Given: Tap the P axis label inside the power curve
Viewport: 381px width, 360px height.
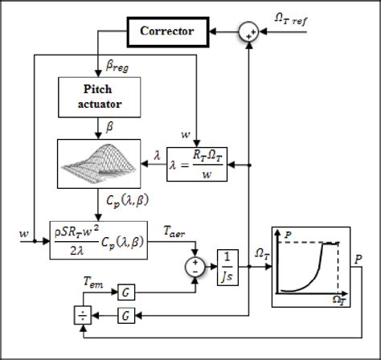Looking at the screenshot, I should coord(285,232).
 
